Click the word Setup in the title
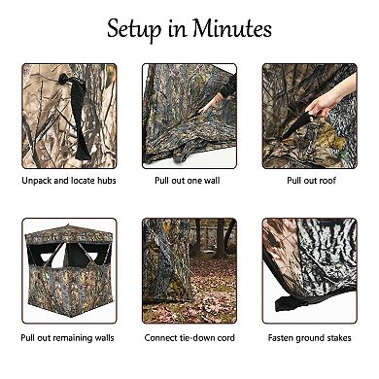(134, 29)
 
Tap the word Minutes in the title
(232, 28)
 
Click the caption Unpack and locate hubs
(69, 181)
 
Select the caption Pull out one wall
(188, 181)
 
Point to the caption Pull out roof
(311, 181)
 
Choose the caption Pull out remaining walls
(67, 338)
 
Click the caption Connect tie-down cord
(189, 338)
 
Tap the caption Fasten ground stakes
(310, 338)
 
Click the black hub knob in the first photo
(63, 79)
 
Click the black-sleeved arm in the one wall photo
(229, 86)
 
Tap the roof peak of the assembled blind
(68, 224)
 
